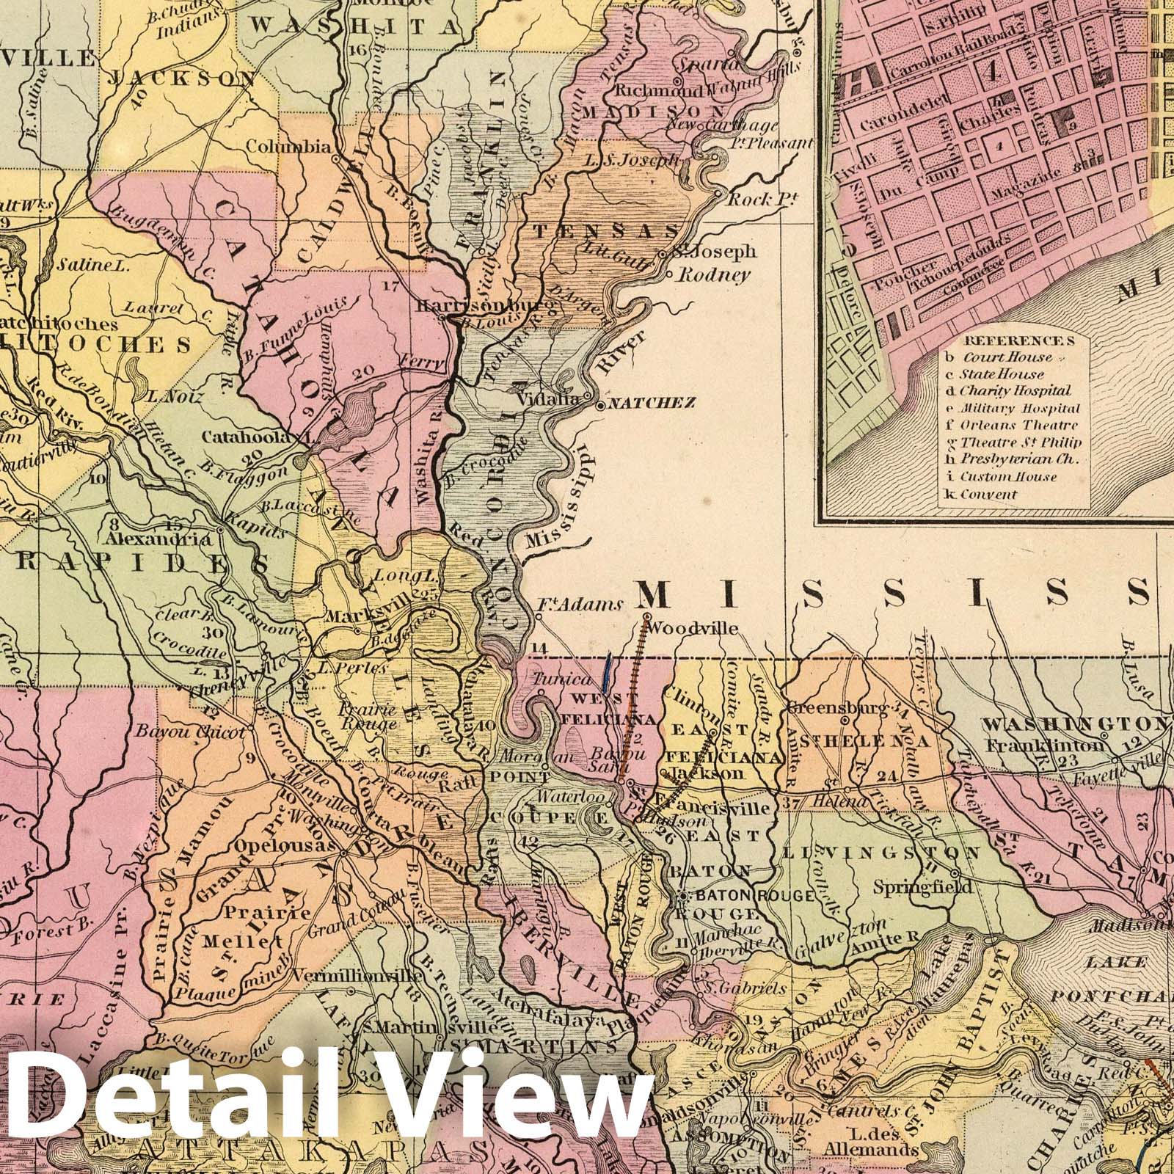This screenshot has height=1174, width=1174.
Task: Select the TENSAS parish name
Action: coord(605,231)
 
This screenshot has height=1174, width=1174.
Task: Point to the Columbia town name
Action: coord(288,147)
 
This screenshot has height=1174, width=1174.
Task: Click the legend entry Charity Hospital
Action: coord(1015,391)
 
